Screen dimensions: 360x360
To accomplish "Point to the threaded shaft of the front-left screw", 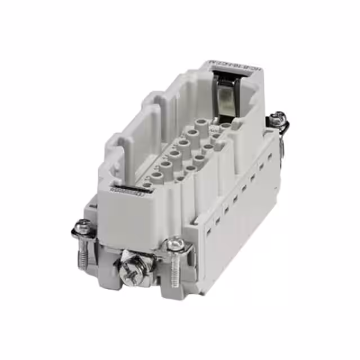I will [x=83, y=256].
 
